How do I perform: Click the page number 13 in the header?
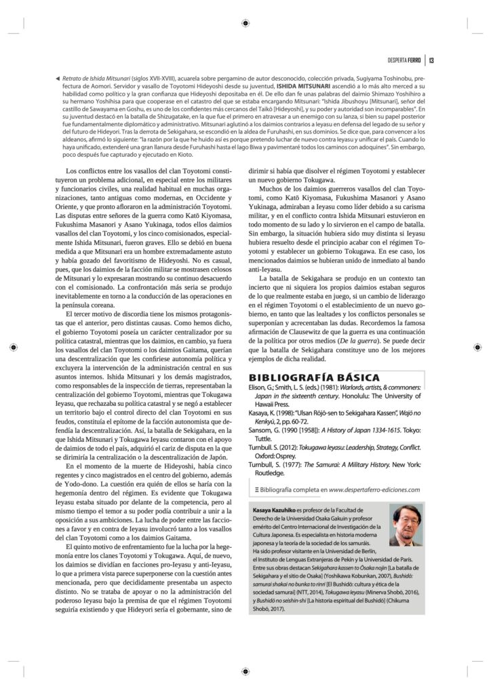[x=432, y=60]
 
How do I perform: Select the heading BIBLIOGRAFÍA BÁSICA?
[x=314, y=378]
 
